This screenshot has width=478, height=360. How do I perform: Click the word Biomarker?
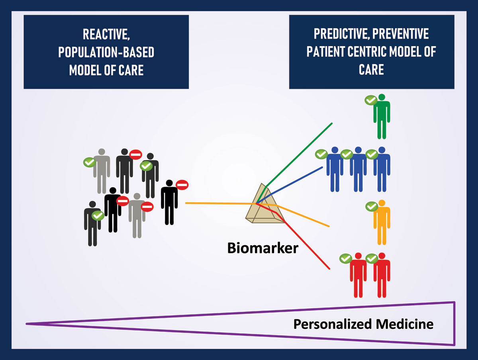pos(263,248)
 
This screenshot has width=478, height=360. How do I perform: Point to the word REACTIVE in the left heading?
pos(106,35)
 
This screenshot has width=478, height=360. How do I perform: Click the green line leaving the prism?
pos(303,151)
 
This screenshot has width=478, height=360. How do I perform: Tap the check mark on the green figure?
pos(371,100)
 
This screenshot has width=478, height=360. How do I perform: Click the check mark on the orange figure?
pos(372,206)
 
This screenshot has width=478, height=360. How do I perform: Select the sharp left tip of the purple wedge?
pos(27,324)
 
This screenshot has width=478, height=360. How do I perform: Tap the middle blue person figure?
pos(358,169)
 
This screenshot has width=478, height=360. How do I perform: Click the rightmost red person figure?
pos(382,275)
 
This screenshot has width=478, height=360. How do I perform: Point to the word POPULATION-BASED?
pos(106,52)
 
